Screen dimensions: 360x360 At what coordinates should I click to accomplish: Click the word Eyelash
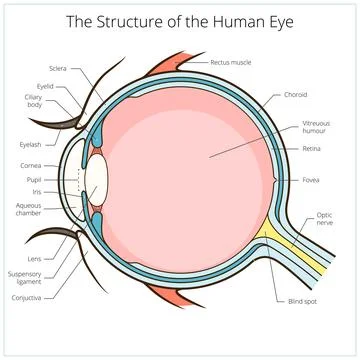[x=30, y=144]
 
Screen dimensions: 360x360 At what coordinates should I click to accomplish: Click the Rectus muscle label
[x=232, y=62]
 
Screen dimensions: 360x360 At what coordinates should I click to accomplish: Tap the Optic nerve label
[x=326, y=219]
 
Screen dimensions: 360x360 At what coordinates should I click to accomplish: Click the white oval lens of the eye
[x=96, y=177]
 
